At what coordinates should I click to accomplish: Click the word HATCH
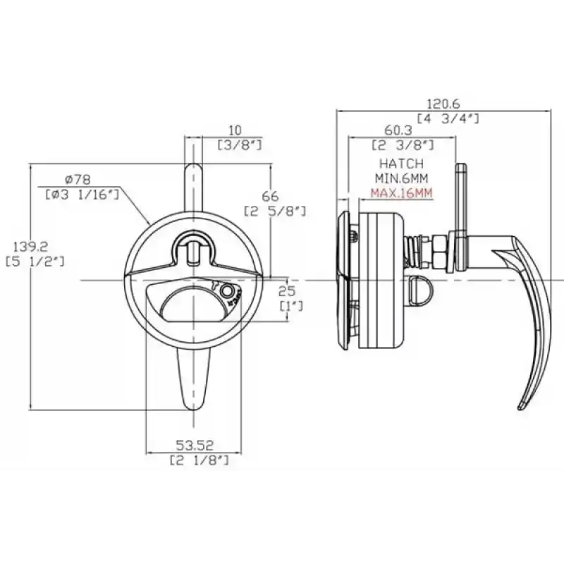tap(398, 164)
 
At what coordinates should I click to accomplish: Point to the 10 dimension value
tap(235, 130)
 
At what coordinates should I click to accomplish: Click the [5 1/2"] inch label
tap(35, 262)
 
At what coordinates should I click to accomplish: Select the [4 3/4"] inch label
tap(448, 118)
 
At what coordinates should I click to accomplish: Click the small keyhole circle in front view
tap(227, 291)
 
